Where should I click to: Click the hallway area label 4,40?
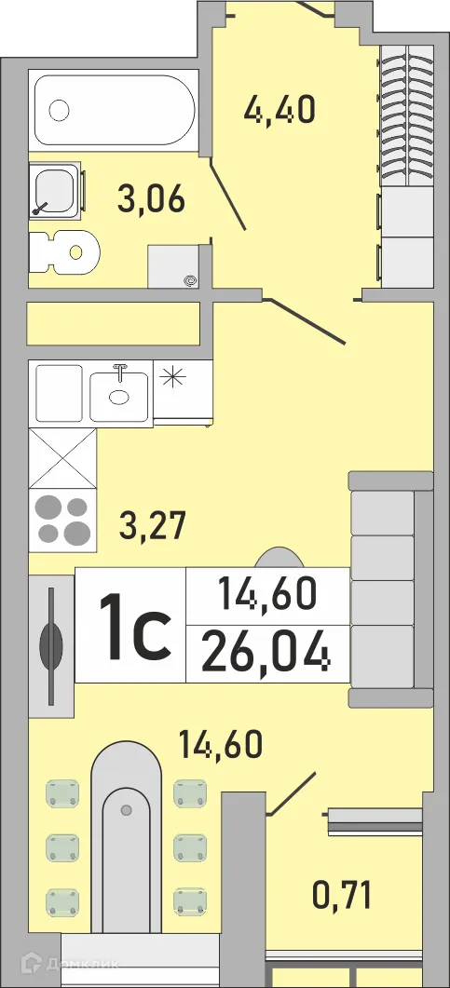tap(280, 109)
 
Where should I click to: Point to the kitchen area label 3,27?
tap(154, 525)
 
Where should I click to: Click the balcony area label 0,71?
tap(342, 896)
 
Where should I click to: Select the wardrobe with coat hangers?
tap(406, 116)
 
